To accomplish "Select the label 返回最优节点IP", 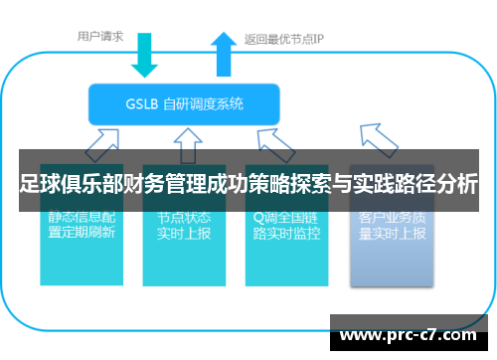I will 284,41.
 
